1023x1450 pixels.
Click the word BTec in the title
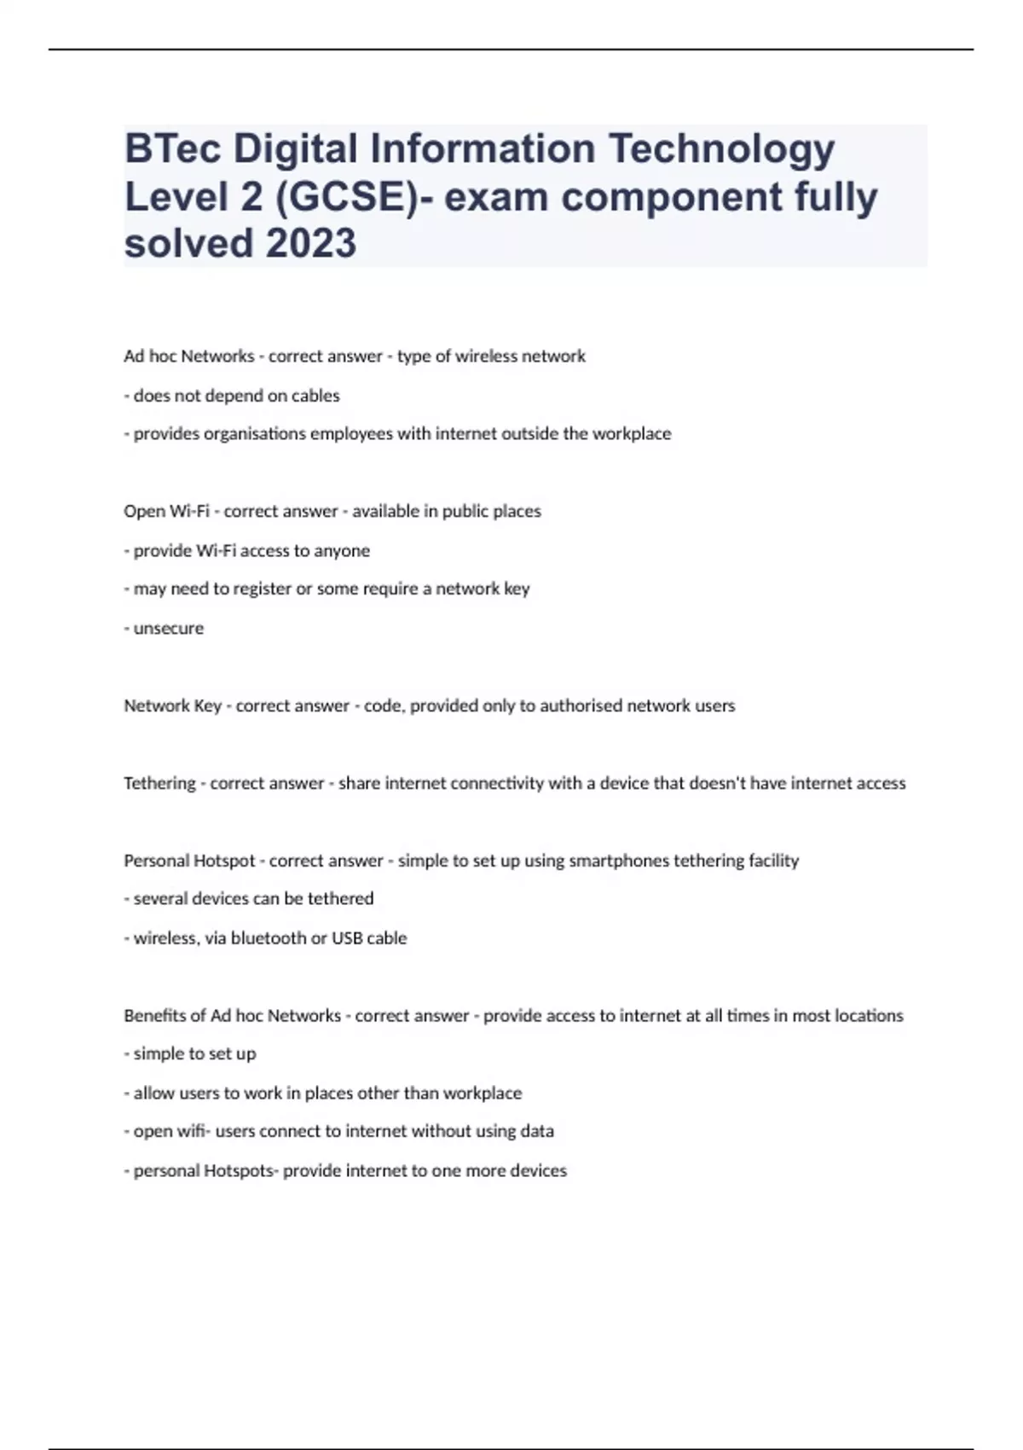coord(173,149)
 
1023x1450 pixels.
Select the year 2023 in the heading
coord(311,244)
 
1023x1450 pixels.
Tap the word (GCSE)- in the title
coord(353,197)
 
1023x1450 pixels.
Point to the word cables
coord(315,396)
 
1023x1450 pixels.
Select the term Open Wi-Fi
coord(166,512)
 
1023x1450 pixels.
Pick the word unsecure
coord(169,629)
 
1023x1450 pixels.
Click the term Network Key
coord(172,706)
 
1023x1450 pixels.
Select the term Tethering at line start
coord(159,784)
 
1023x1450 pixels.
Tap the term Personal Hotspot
coord(189,861)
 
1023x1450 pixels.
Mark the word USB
coord(348,938)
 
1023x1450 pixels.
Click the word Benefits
coord(154,1016)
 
